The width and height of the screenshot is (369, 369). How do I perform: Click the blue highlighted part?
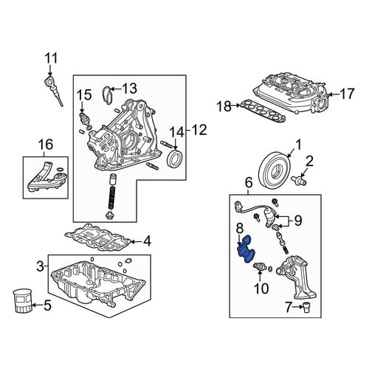tap(246, 249)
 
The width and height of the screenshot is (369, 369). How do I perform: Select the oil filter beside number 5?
tap(22, 301)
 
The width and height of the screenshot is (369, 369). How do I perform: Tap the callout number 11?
tap(51, 58)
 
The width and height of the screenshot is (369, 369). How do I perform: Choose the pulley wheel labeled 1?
tap(276, 170)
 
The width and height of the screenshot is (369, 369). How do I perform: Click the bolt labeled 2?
tap(298, 179)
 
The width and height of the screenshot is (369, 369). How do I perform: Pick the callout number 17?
tap(347, 94)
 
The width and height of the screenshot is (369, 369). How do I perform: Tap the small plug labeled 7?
tap(306, 307)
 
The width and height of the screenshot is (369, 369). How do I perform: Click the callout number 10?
tap(261, 289)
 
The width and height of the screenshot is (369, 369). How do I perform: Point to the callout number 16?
tap(46, 144)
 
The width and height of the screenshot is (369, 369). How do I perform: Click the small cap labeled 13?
tap(107, 94)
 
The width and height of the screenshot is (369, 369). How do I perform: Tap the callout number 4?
tap(147, 242)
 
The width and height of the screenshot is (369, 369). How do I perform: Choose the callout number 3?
tap(40, 266)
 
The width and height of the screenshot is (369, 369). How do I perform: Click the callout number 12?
tap(199, 130)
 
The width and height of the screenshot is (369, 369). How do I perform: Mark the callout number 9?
tap(298, 221)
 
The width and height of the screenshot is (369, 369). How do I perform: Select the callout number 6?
tap(249, 183)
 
